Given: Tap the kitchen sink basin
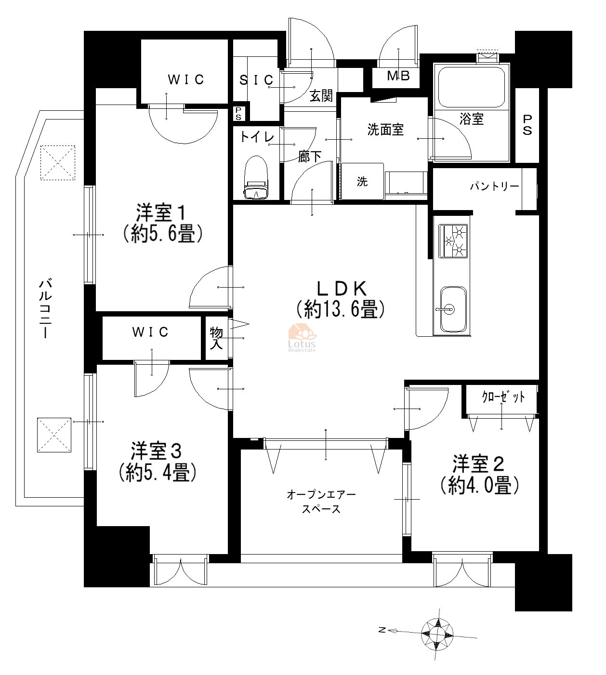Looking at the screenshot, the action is coord(453,309).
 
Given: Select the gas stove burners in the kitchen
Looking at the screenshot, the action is coord(453,241).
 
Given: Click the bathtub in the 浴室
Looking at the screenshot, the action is coord(471,88).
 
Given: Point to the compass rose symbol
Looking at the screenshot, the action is coord(437,634).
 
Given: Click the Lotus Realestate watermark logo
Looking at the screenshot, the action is coord(302,337).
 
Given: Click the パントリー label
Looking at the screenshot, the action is coord(494,186).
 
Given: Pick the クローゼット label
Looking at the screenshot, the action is coord(503,397).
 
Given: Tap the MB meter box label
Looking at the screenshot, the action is coord(398,76).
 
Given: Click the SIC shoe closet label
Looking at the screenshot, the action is coord(256,79).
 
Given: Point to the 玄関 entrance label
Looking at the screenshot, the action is coord(321,96).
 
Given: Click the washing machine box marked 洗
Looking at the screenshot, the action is coord(362,181).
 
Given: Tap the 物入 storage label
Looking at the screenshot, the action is coord(216,338).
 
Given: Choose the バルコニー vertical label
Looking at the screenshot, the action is coord(45,309).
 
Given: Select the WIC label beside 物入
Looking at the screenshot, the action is coord(150,332).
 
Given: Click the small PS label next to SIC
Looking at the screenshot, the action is coord(238,114).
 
